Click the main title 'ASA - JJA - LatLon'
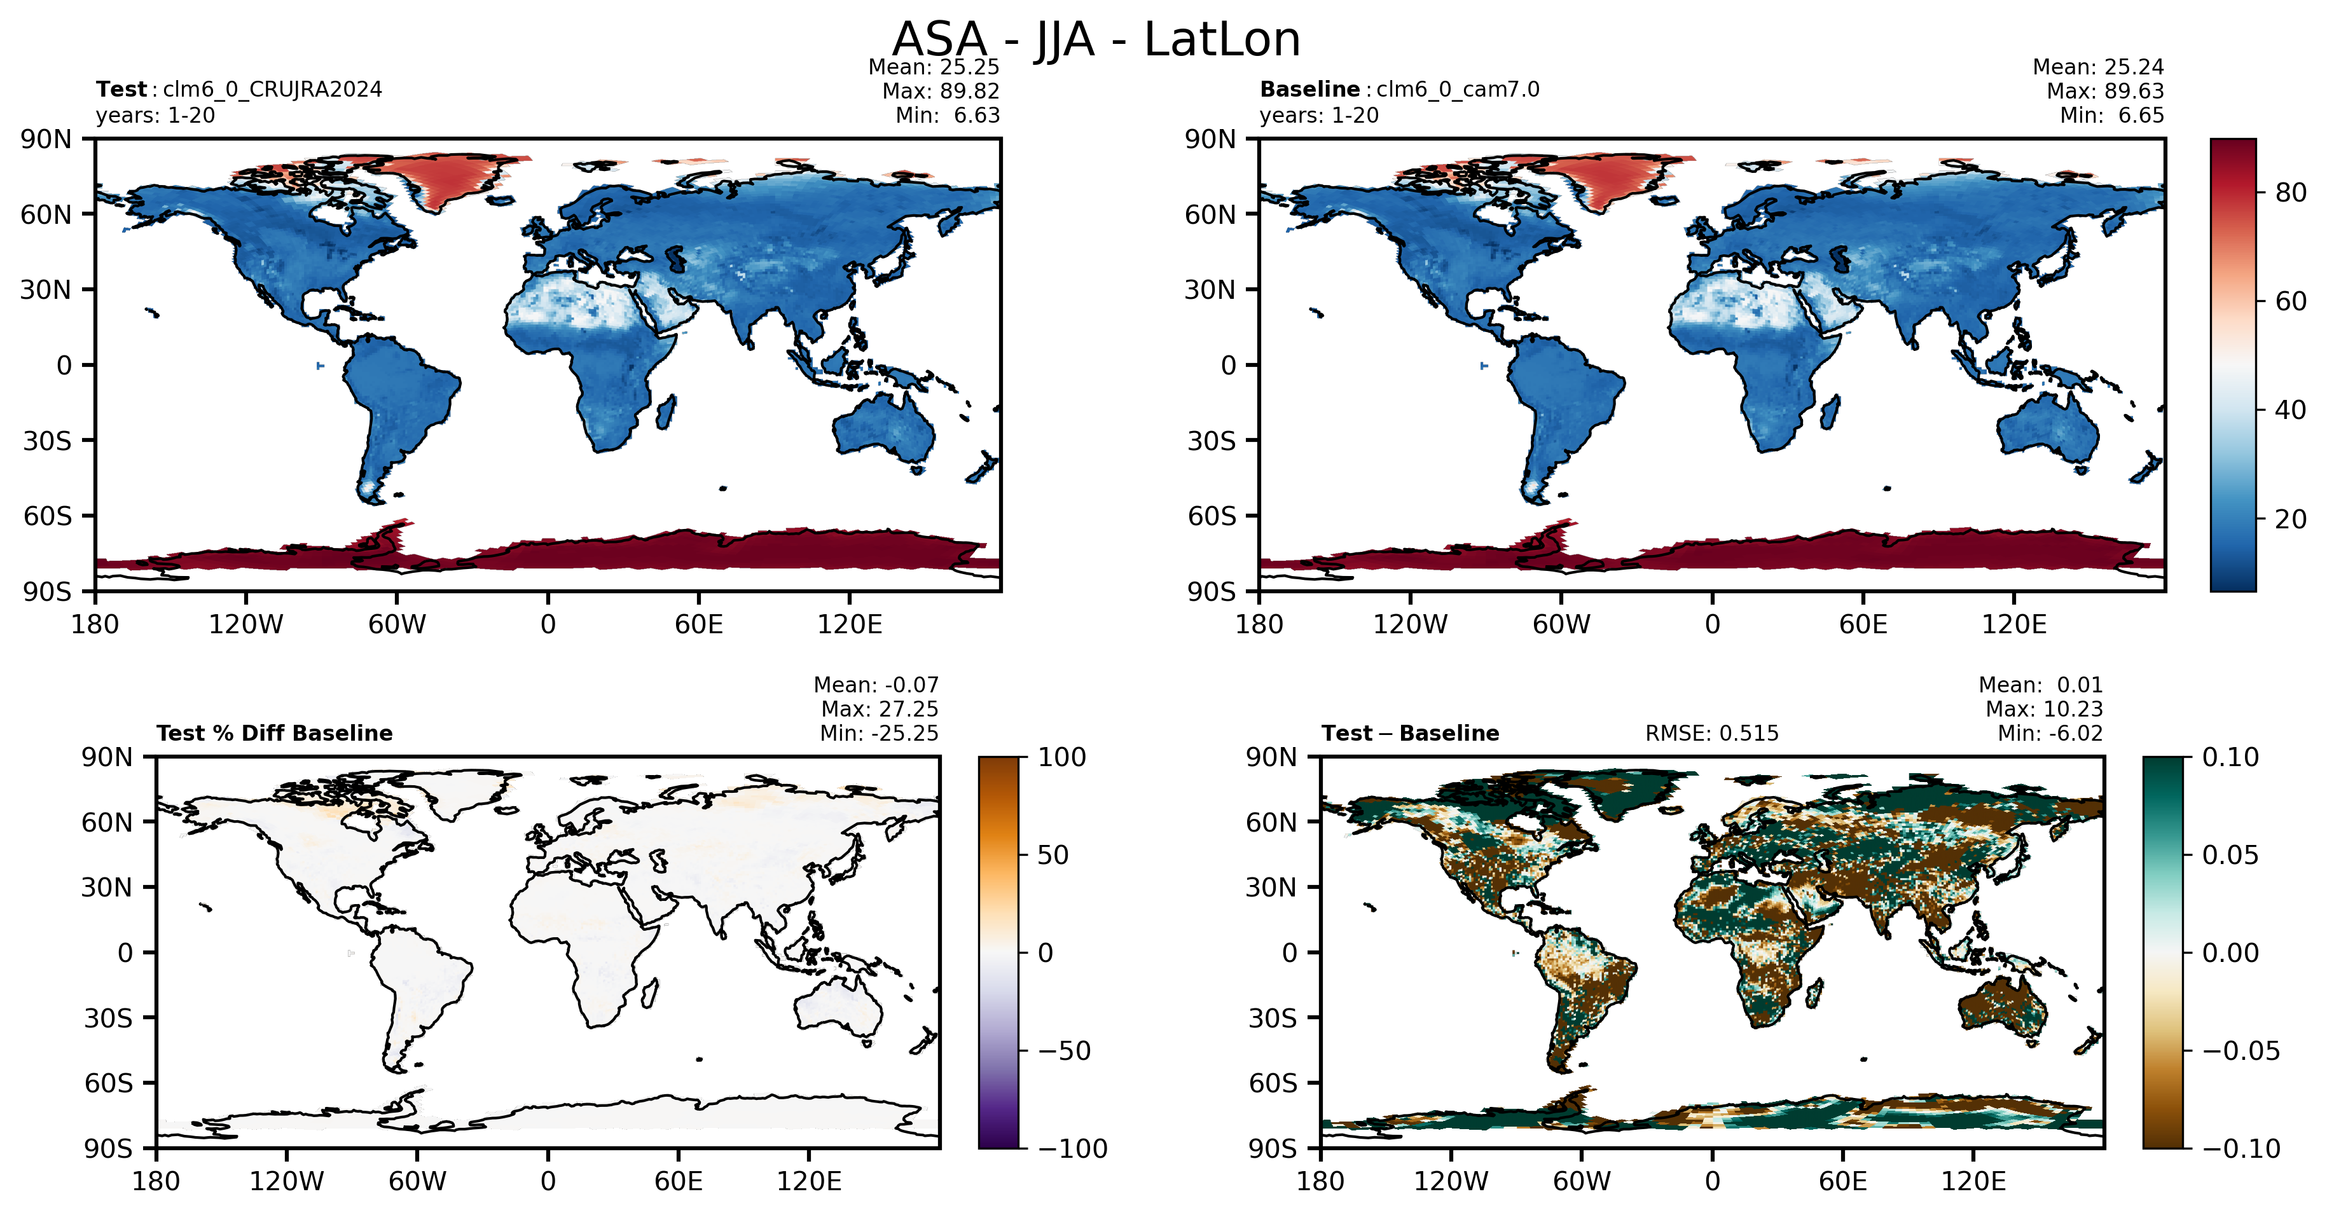point(1096,40)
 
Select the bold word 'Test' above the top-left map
point(121,90)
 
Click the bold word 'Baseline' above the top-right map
point(1310,90)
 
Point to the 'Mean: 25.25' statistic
point(934,67)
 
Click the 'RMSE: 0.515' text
point(1712,734)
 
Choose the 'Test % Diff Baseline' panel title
point(275,734)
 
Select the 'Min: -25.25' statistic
point(879,734)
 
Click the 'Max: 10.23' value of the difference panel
point(2044,709)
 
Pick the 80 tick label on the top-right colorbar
point(2290,193)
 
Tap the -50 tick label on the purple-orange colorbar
point(1061,1050)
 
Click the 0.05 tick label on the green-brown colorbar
point(2230,855)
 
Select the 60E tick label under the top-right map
point(1863,624)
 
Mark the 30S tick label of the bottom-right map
point(1272,1018)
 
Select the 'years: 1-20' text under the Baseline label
point(1319,116)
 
